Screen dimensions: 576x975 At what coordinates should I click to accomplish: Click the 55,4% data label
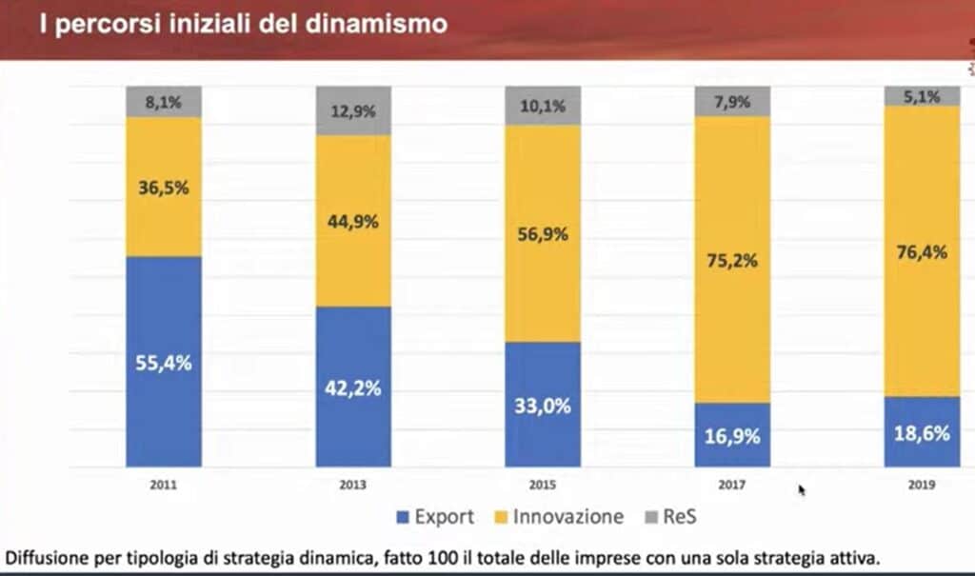[x=164, y=363]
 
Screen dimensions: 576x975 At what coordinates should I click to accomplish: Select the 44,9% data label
[x=353, y=222]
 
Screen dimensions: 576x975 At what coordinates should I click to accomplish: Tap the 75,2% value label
[x=732, y=260]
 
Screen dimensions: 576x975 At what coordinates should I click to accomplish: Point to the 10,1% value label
[x=543, y=106]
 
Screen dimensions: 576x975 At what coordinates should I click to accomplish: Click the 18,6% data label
[x=922, y=433]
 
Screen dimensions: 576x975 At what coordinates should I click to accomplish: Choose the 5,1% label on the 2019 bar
[x=922, y=96]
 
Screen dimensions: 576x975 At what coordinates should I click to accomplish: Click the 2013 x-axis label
[x=353, y=485]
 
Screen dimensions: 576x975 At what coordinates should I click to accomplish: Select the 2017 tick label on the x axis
[x=732, y=485]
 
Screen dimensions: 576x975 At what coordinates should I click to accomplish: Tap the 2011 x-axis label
[x=164, y=485]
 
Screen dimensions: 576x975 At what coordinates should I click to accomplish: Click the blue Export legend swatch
[x=403, y=518]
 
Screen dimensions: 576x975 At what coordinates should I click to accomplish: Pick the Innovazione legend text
[x=568, y=517]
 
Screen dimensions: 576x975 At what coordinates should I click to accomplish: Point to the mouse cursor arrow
[x=802, y=489]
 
